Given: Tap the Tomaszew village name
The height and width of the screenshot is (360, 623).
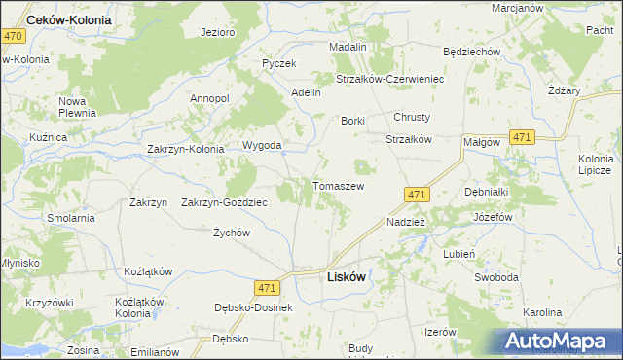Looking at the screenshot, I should click(338, 185).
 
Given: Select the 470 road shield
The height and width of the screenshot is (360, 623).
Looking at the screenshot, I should click(13, 35).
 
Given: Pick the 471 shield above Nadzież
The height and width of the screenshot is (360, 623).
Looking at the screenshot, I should click(417, 195).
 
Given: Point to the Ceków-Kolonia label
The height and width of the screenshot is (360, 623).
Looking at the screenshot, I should click(70, 19).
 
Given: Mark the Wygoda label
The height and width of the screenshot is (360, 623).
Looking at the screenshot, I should click(262, 146).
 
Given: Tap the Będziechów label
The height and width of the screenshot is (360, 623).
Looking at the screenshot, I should click(471, 52).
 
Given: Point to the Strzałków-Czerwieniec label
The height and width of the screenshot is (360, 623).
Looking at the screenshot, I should click(389, 79).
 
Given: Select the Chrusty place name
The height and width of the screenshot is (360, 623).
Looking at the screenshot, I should click(412, 117).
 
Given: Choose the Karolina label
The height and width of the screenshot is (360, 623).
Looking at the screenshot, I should click(542, 312).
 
